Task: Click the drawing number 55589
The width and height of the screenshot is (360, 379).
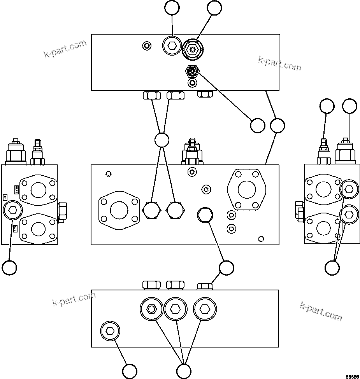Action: point(352,377)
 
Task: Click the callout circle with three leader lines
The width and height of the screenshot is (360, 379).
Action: point(184,370)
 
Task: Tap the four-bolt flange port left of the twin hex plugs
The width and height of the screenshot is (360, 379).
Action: point(119,210)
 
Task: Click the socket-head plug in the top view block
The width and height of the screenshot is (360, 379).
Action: point(172,47)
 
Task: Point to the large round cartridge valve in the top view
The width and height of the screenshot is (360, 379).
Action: point(193,50)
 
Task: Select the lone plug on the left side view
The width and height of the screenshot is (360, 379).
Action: point(12,211)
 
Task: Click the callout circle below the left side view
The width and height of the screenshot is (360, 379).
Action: point(9,267)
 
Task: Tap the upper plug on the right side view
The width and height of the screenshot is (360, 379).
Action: point(349,189)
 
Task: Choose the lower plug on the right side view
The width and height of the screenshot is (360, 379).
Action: point(349,214)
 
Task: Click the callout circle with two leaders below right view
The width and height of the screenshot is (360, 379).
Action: point(332,267)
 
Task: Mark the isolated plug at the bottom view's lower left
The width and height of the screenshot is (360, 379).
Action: point(110,331)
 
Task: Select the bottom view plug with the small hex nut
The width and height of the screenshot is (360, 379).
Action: point(151,309)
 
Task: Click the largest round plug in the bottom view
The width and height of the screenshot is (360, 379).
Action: point(205,309)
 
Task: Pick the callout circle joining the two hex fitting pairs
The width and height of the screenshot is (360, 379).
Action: point(162,140)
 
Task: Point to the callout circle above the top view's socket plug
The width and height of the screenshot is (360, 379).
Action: point(172,8)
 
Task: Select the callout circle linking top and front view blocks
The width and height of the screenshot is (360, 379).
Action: point(277,125)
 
